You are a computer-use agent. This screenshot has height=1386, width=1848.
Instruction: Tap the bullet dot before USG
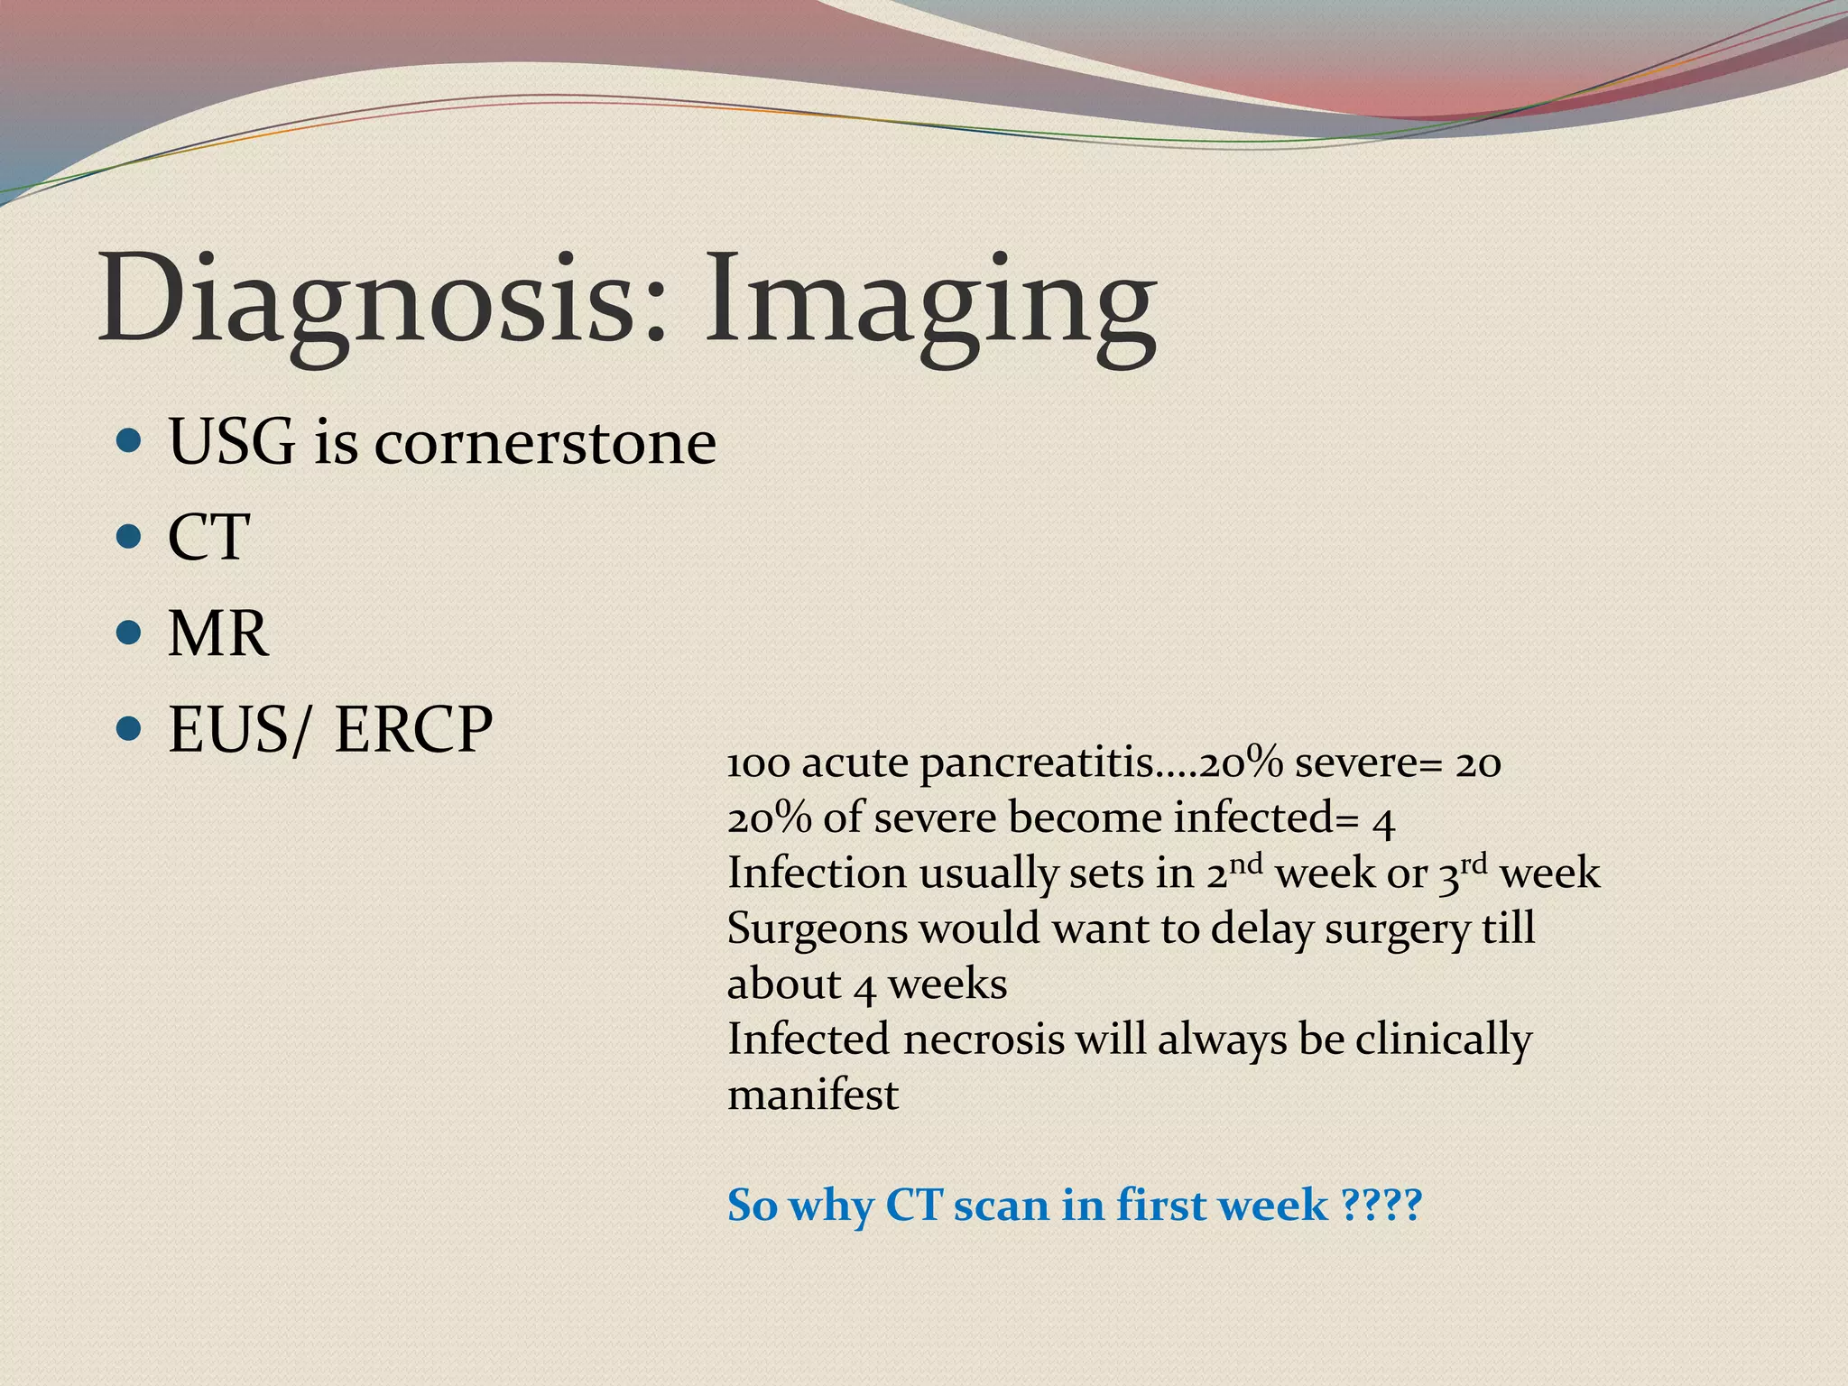pos(129,441)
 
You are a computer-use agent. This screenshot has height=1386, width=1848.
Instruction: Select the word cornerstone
pos(545,443)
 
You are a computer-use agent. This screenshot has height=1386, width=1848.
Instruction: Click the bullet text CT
pos(208,538)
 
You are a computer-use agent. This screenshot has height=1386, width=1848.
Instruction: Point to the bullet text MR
pos(217,633)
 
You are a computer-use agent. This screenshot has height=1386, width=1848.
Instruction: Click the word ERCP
pos(413,729)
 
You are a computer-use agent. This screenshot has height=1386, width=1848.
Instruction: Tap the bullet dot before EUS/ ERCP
pos(129,726)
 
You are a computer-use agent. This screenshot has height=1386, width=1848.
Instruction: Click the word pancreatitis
pos(1038,764)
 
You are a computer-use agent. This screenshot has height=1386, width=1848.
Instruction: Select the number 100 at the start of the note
pos(758,764)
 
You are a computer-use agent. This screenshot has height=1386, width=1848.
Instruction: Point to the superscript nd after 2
pos(1246,864)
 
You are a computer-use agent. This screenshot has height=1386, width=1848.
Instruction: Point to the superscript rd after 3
pos(1474,864)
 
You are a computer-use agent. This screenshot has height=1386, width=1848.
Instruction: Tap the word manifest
pos(812,1095)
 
